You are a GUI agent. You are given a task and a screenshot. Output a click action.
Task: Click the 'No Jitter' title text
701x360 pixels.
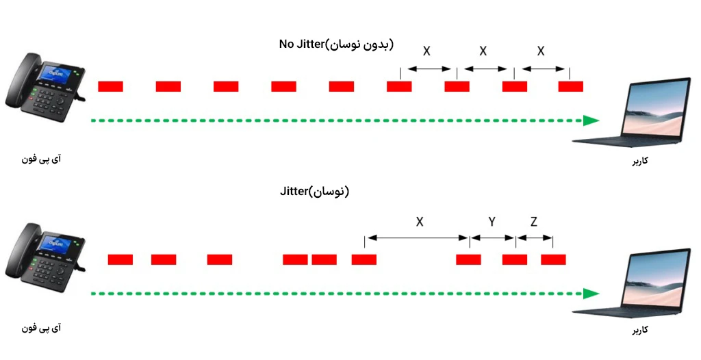pyautogui.click(x=301, y=44)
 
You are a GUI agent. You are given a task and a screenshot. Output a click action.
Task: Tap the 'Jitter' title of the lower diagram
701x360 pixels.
pyautogui.click(x=294, y=192)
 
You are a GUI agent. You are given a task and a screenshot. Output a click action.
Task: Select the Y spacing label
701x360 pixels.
pyautogui.click(x=492, y=222)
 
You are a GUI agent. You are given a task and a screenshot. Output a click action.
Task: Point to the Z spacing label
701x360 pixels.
pyautogui.click(x=534, y=222)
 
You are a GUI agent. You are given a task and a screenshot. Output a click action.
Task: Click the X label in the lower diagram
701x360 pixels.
pyautogui.click(x=420, y=222)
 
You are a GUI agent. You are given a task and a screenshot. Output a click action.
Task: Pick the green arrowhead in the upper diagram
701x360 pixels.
pyautogui.click(x=591, y=120)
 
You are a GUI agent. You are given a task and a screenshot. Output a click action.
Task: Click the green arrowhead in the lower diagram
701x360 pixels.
pyautogui.click(x=591, y=294)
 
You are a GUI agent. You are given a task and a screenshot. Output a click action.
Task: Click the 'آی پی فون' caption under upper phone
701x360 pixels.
pyautogui.click(x=41, y=159)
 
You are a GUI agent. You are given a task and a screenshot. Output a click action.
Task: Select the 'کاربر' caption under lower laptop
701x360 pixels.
pyautogui.click(x=640, y=330)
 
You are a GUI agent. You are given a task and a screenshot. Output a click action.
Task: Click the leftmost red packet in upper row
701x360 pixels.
pyautogui.click(x=110, y=86)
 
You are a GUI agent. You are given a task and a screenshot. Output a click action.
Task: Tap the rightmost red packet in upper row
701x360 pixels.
pyautogui.click(x=570, y=86)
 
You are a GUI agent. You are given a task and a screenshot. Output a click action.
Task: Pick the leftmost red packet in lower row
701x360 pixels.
pyautogui.click(x=120, y=259)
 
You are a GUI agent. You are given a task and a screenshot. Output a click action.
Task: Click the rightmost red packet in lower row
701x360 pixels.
pyautogui.click(x=553, y=259)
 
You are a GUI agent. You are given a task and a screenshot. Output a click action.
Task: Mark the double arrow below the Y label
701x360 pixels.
pyautogui.click(x=493, y=238)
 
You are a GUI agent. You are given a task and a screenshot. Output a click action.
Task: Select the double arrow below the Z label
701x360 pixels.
pyautogui.click(x=534, y=238)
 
